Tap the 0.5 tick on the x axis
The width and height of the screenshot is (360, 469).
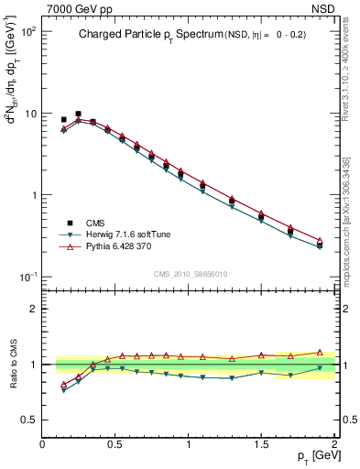click(x=115, y=444)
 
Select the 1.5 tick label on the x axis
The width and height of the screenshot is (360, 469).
click(x=261, y=444)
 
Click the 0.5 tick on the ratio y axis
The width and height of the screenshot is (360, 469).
click(x=31, y=419)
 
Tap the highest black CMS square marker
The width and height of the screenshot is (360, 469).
click(x=78, y=114)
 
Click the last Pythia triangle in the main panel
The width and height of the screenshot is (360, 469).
click(x=320, y=241)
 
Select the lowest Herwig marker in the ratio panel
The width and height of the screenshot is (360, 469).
click(x=63, y=390)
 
